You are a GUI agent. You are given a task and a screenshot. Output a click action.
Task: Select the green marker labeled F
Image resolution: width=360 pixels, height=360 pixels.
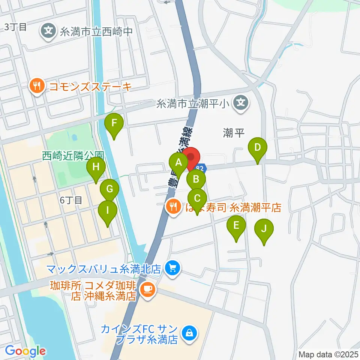(x=115, y=122)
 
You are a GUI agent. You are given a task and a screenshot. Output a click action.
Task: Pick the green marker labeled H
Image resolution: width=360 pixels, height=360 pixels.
(x=96, y=166)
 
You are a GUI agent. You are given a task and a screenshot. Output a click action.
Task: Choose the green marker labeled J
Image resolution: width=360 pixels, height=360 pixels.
(x=264, y=228)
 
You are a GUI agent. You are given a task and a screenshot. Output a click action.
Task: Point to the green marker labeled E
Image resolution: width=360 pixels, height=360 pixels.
(x=236, y=225)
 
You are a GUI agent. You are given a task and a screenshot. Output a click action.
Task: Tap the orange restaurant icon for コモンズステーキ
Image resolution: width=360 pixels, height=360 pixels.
(x=36, y=87)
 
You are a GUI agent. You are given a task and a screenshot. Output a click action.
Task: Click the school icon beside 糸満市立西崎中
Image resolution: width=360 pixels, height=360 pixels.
(x=48, y=30)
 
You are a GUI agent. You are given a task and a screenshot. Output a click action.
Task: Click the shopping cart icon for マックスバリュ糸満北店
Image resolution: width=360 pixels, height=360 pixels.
(x=173, y=268)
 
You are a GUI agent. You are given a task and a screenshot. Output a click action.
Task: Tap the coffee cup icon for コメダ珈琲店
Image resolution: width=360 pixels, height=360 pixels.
(x=146, y=289)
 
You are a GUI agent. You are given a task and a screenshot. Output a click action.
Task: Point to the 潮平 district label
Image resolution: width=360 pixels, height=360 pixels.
(x=234, y=133)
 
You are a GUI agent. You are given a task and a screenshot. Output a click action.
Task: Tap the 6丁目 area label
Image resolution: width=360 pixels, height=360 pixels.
(x=71, y=200)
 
